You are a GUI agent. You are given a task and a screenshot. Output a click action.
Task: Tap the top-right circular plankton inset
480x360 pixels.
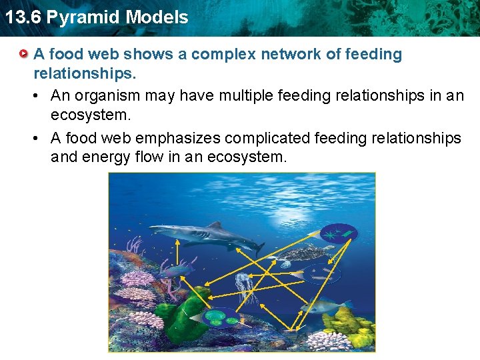pyautogui.click(x=338, y=233)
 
